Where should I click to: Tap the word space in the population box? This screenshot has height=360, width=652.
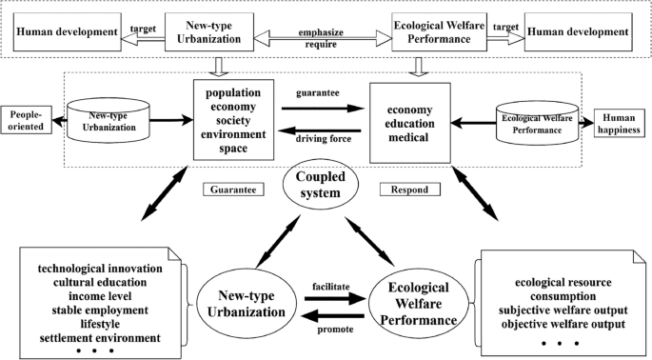[240, 150]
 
